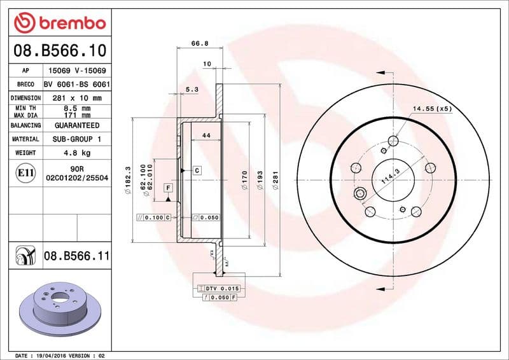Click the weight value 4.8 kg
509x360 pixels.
[x=77, y=153]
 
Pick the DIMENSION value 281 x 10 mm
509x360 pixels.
[x=77, y=98]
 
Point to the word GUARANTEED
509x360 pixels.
[x=77, y=125]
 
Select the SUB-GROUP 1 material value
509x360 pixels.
[x=77, y=139]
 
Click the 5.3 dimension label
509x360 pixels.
[x=192, y=90]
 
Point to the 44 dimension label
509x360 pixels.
[x=206, y=135]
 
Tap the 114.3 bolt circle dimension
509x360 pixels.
[x=391, y=176]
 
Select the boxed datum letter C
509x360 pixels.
[x=197, y=170]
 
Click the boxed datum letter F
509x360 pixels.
[x=168, y=188]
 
